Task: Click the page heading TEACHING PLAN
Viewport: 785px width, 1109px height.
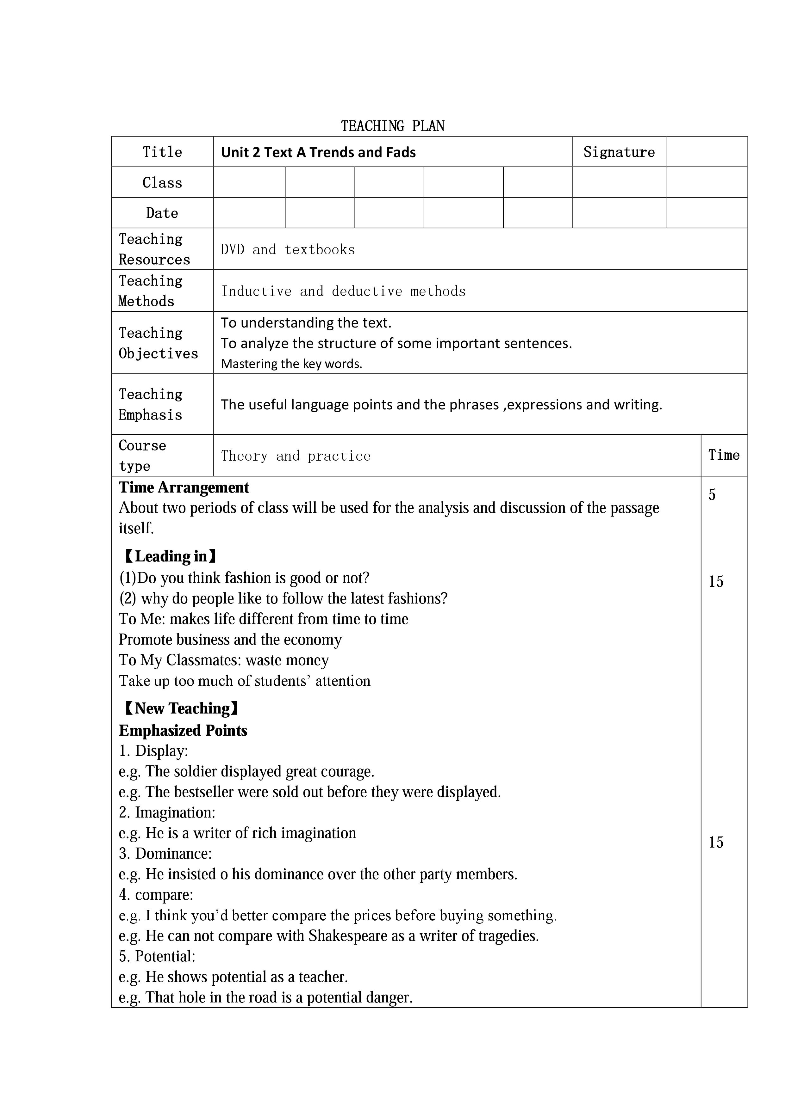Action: click(x=392, y=126)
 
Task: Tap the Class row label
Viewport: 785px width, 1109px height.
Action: click(x=162, y=183)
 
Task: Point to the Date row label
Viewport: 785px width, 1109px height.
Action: click(x=162, y=213)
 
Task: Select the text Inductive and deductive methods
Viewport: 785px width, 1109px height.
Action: click(x=343, y=291)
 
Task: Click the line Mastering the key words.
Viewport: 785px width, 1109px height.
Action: click(x=291, y=364)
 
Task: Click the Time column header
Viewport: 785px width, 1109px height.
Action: click(x=724, y=455)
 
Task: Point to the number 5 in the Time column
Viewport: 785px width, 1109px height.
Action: click(x=712, y=495)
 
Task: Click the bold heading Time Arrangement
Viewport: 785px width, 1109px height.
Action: click(x=184, y=487)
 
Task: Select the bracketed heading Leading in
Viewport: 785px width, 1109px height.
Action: click(x=170, y=556)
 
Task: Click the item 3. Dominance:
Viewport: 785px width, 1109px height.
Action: click(x=165, y=854)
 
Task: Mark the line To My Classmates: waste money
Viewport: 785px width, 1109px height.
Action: click(x=224, y=660)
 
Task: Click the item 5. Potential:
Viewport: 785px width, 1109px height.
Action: click(x=157, y=956)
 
